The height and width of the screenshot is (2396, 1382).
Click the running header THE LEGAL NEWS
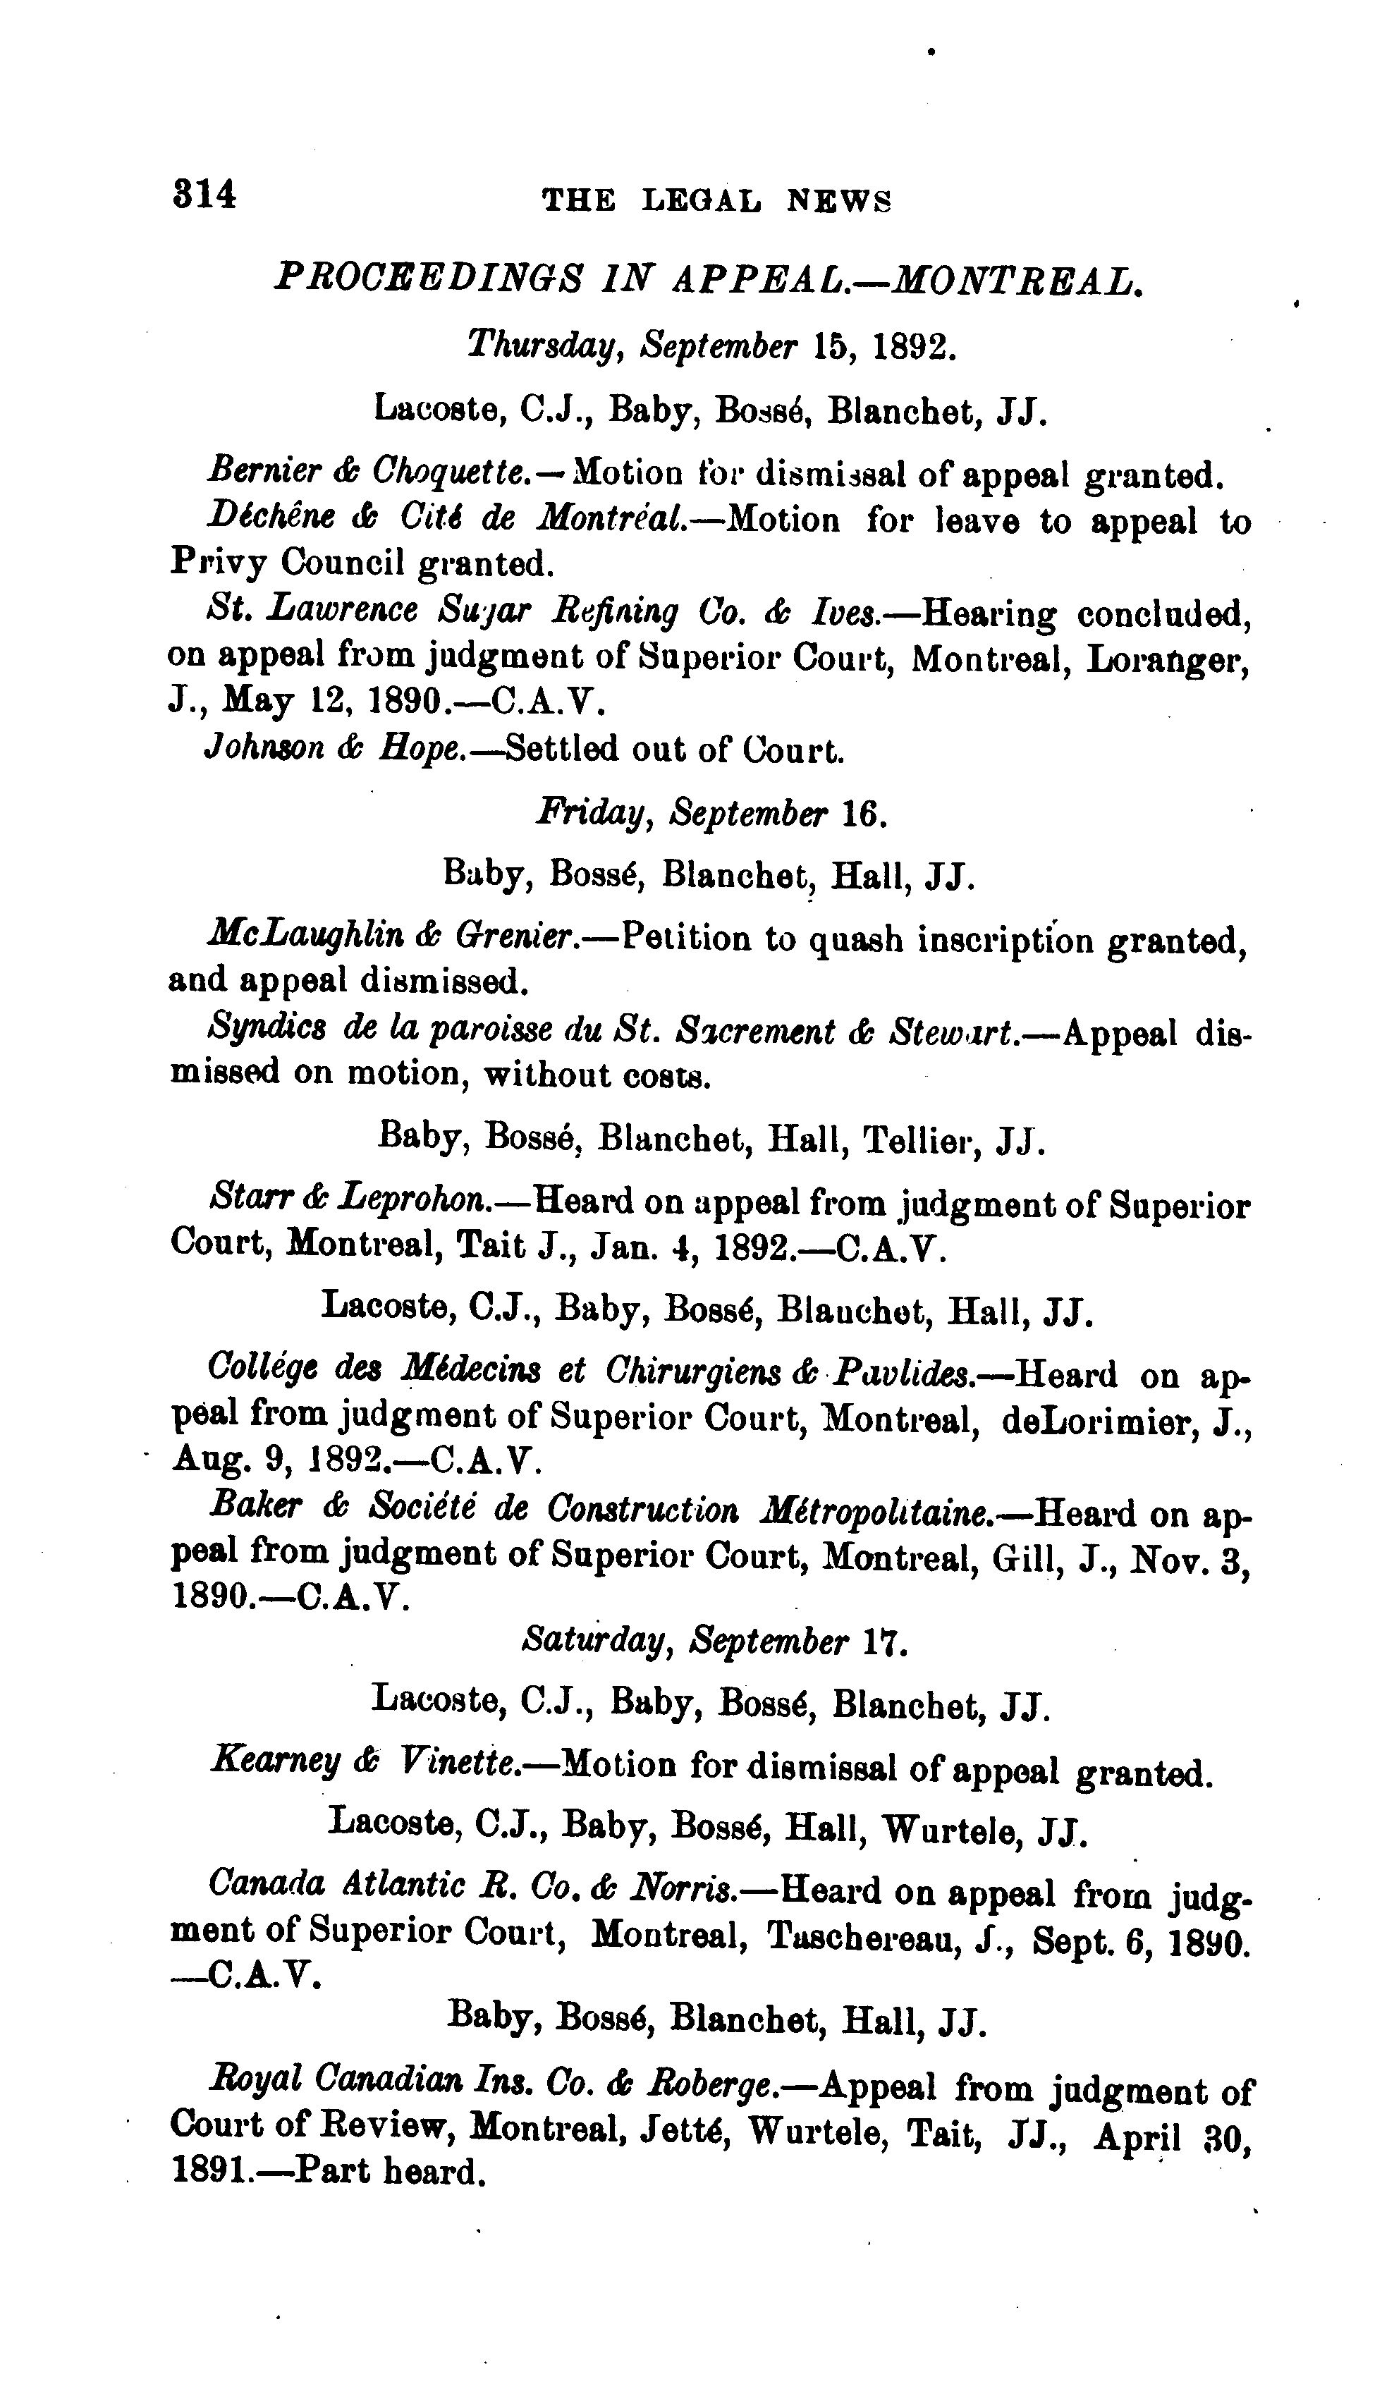point(716,201)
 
